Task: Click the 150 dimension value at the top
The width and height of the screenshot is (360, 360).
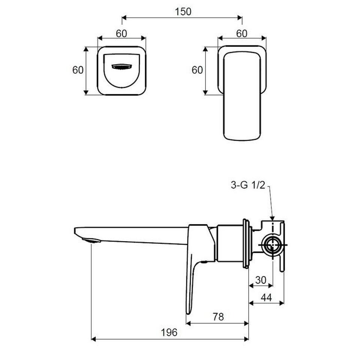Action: click(x=183, y=12)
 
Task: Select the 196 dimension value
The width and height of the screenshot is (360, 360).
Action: click(x=169, y=333)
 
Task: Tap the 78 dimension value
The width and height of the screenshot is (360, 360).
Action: click(x=218, y=317)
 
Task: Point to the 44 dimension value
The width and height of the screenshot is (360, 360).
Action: click(x=266, y=297)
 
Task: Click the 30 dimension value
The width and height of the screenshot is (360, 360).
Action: click(x=261, y=280)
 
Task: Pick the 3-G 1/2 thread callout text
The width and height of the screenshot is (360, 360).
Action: click(x=248, y=185)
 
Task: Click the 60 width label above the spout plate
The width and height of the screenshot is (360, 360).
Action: click(x=121, y=33)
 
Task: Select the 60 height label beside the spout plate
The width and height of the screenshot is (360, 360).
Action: click(x=78, y=70)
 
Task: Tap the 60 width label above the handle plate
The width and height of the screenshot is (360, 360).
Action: click(x=242, y=33)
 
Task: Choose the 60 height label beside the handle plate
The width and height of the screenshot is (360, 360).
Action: click(x=197, y=70)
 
